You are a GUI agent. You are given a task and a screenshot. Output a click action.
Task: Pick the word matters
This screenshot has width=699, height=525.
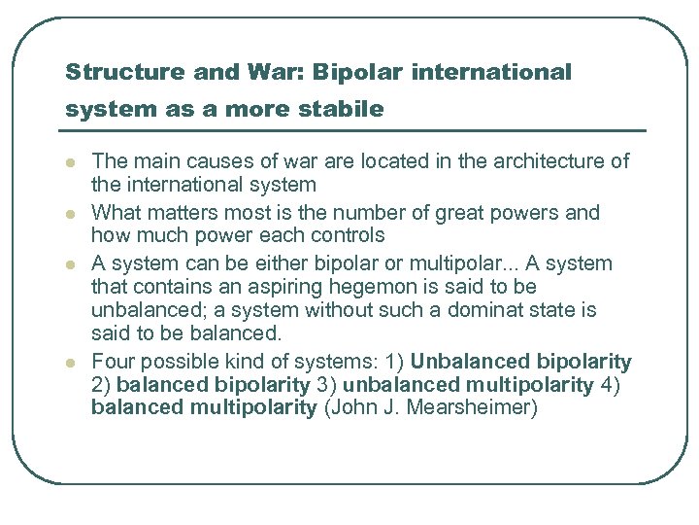(x=183, y=213)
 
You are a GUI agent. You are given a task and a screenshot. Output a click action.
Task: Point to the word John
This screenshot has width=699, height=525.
(x=353, y=407)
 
